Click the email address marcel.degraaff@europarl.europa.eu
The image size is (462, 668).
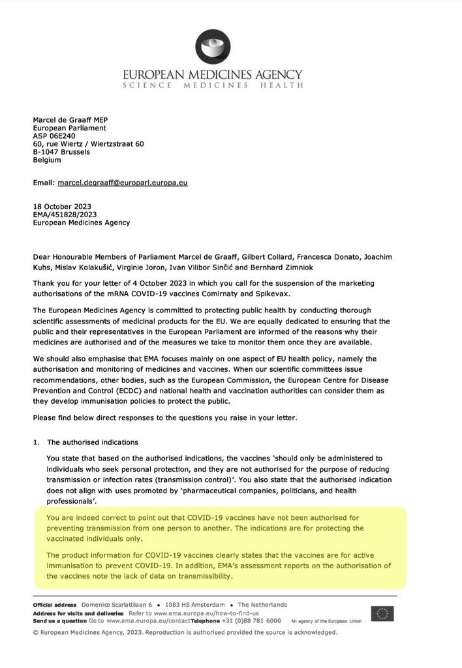[123, 183]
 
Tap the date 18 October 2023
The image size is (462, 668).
[63, 207]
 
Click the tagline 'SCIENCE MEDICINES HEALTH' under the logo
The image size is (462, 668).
[213, 85]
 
